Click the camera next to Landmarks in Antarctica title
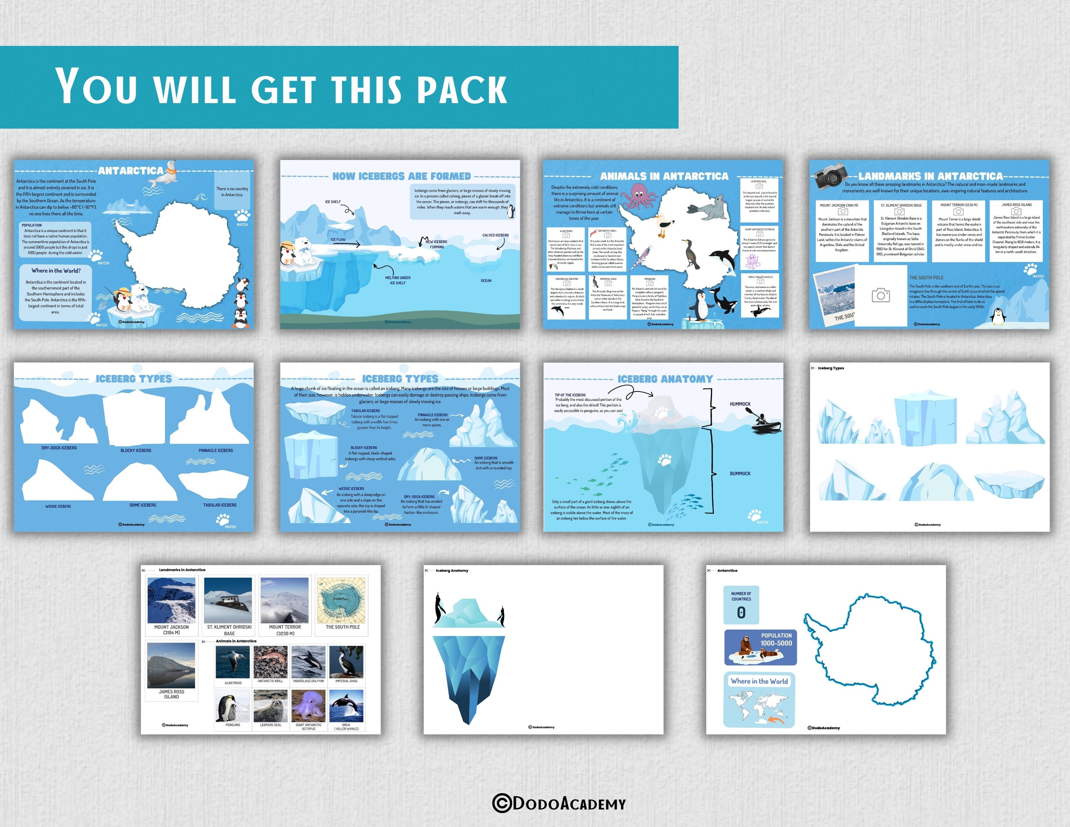830,176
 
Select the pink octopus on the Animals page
637,196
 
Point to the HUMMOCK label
740,404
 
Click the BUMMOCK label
740,474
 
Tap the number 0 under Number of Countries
741,613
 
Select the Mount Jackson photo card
172,605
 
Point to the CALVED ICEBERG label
495,235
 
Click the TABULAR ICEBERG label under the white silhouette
219,505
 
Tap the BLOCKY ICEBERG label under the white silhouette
136,451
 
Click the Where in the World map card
759,700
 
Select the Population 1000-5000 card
760,647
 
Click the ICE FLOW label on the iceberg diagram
338,240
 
